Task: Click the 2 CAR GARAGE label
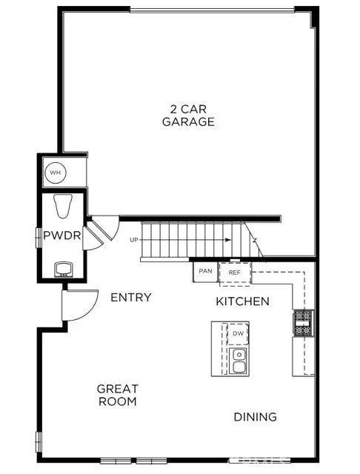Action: (189, 114)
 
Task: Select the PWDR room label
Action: (56, 236)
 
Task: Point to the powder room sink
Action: (63, 267)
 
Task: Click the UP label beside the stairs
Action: (133, 240)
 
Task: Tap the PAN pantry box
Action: (204, 272)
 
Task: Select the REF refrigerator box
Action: (235, 272)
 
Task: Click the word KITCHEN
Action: (242, 301)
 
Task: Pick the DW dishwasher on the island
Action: (238, 334)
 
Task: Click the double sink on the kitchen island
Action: (238, 361)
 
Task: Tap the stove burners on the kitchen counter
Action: (304, 320)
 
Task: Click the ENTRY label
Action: (130, 297)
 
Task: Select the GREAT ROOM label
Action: (117, 395)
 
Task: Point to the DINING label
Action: (256, 417)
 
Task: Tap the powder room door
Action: (93, 238)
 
